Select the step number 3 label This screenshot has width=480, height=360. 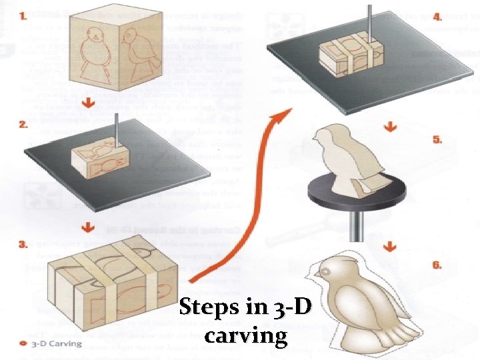coord(24,245)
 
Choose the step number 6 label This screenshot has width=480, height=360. coord(437,265)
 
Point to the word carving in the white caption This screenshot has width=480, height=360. coord(247,335)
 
